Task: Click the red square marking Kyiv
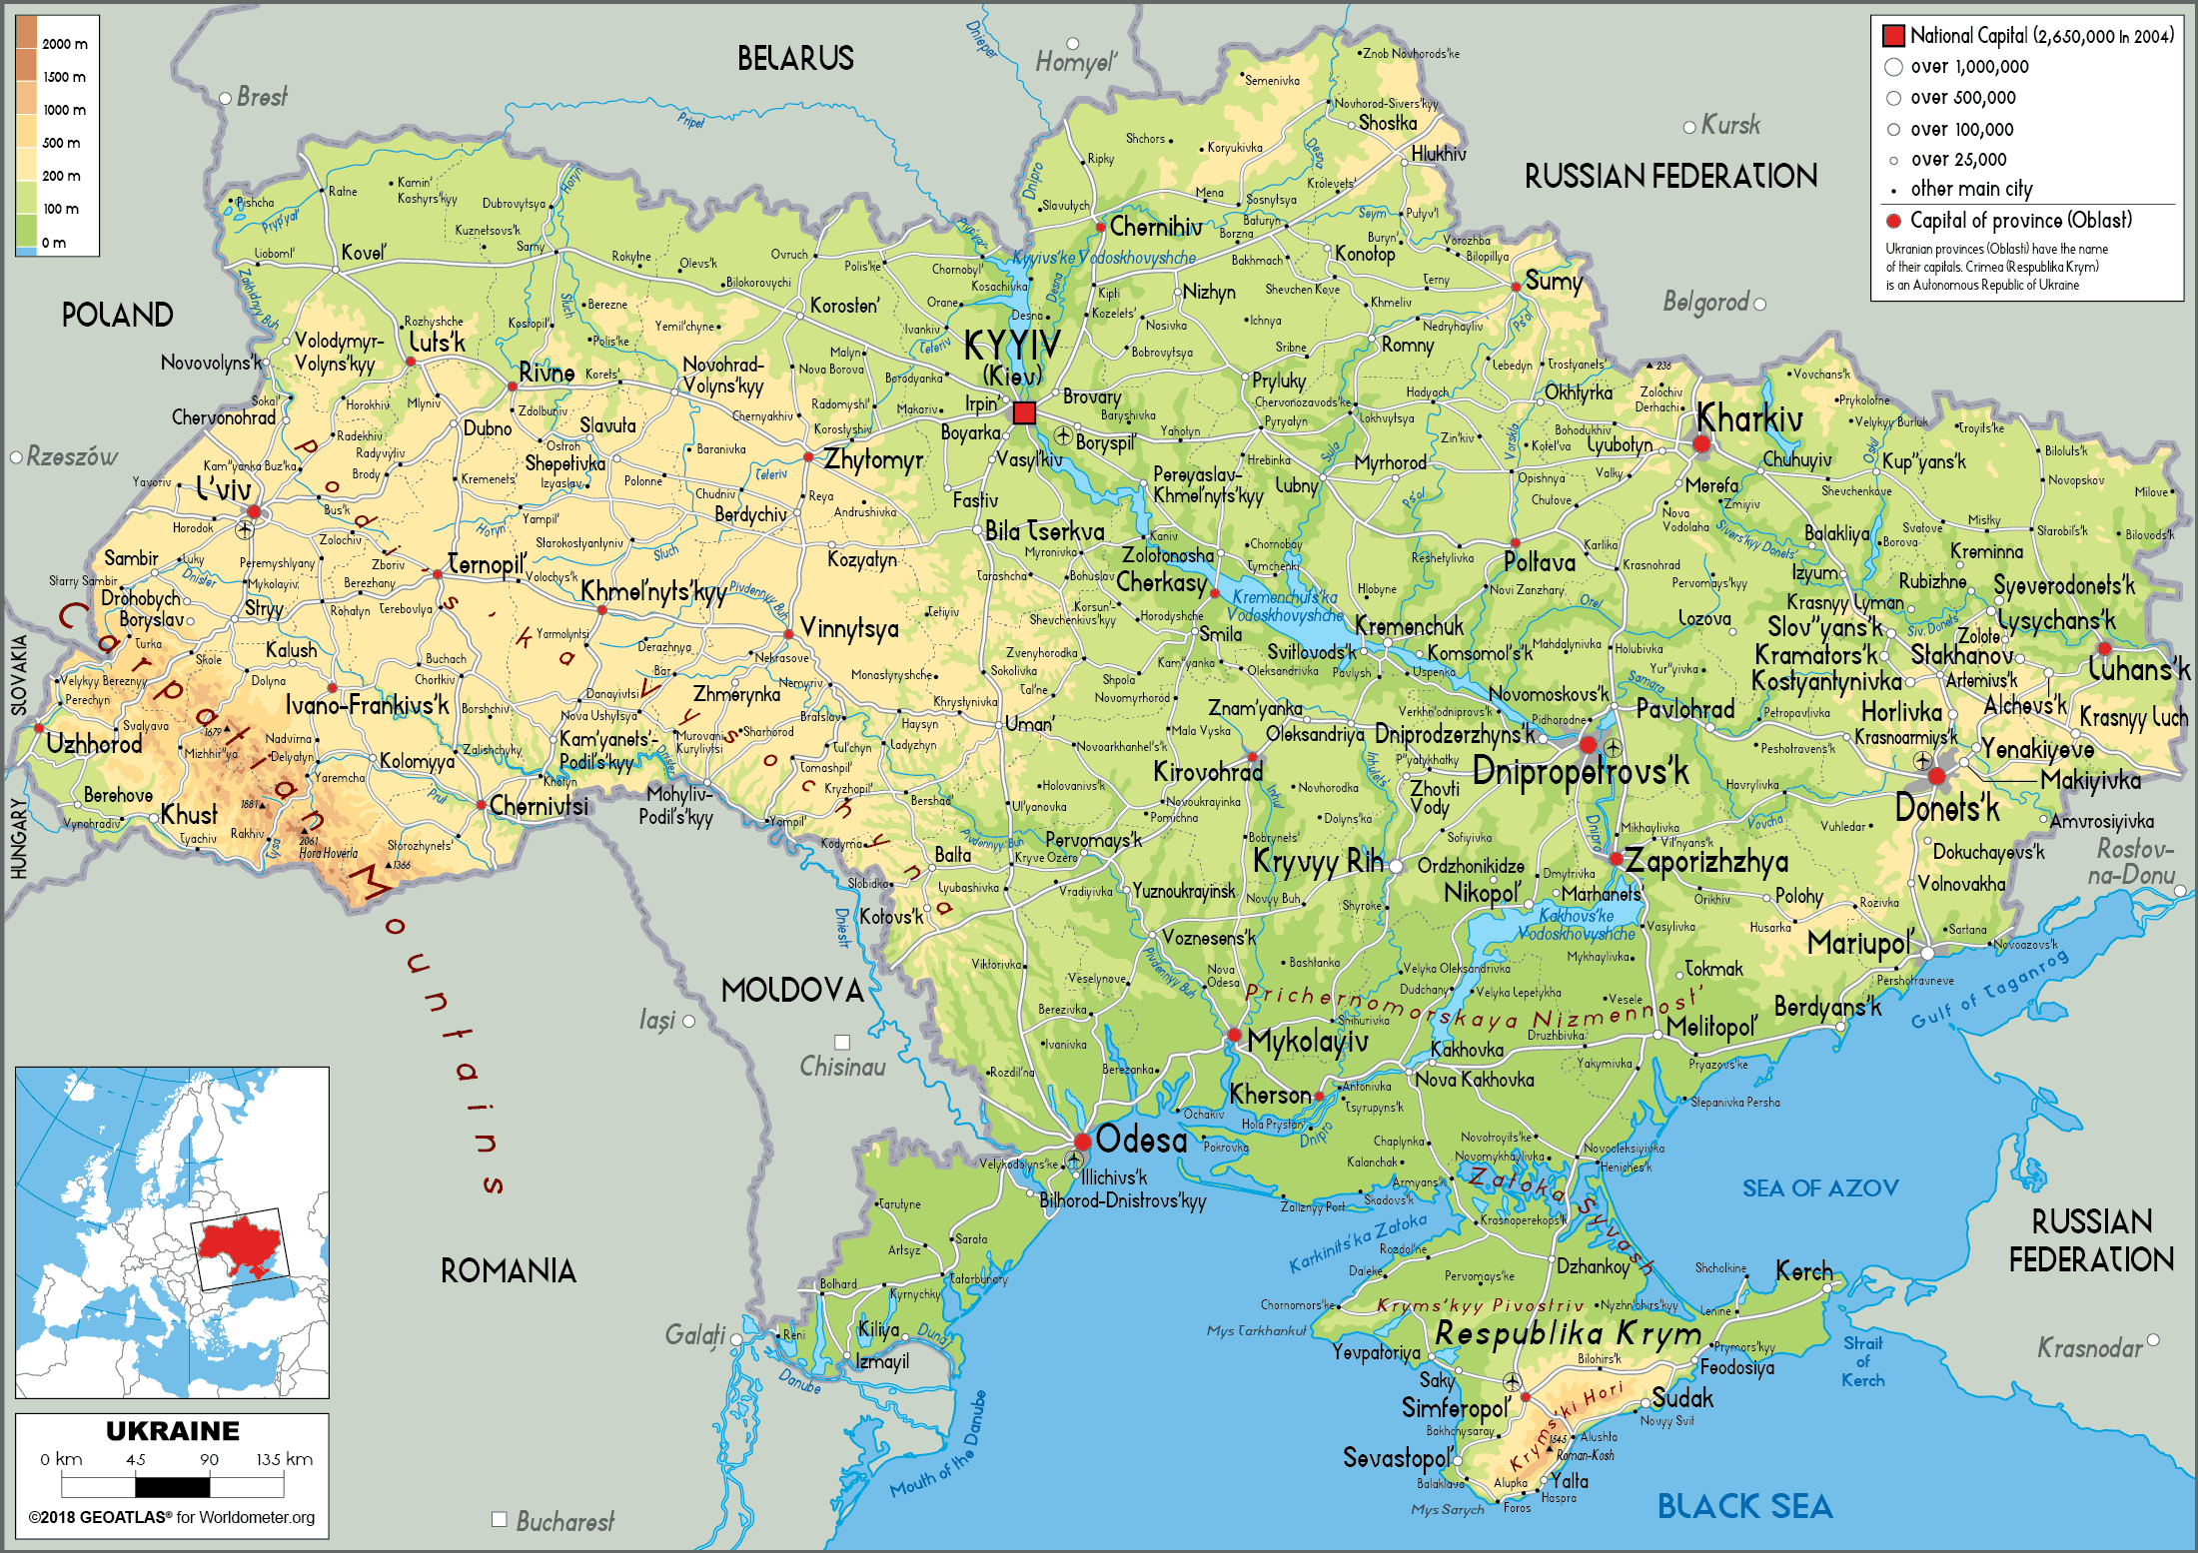point(1024,412)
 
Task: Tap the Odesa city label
point(1141,1140)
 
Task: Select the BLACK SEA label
point(1744,1506)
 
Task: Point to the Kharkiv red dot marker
point(1701,444)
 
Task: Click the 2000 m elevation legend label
point(65,44)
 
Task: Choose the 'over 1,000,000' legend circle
point(1893,67)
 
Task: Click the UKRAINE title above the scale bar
point(172,1431)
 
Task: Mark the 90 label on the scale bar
point(209,1459)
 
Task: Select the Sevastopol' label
point(1396,1458)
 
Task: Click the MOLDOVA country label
point(792,991)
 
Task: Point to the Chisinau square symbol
point(842,1042)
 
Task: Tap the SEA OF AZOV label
point(1820,1188)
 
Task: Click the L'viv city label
point(223,489)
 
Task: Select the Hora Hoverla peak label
point(328,853)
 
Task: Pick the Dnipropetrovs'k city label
point(1581,772)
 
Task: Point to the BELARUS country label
point(795,59)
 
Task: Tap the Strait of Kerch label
point(1862,1361)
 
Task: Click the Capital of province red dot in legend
point(1892,221)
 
